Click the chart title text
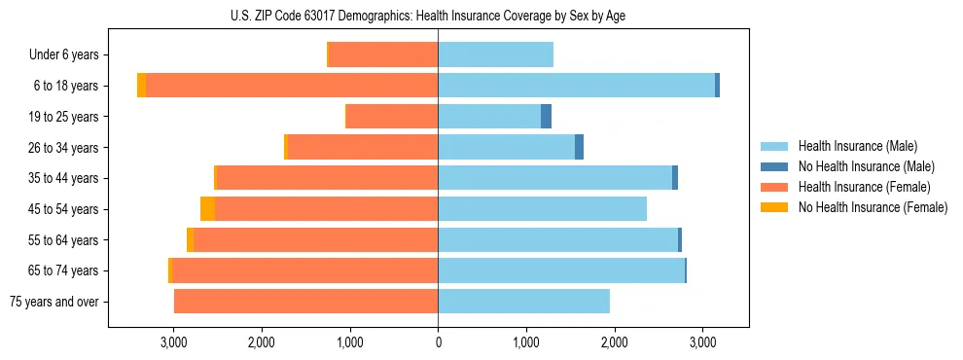pyautogui.click(x=428, y=16)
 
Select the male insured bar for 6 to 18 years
pyautogui.click(x=576, y=86)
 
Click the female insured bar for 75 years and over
pyautogui.click(x=305, y=302)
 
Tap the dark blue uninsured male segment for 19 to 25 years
pyautogui.click(x=546, y=117)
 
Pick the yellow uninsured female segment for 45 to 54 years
pyautogui.click(x=207, y=209)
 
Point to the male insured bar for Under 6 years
pyautogui.click(x=495, y=54)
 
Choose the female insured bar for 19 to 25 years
pyautogui.click(x=392, y=117)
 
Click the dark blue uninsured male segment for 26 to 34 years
pyautogui.click(x=579, y=147)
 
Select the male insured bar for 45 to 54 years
pyautogui.click(x=542, y=209)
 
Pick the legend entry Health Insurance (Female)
pyautogui.click(x=864, y=187)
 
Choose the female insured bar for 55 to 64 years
pyautogui.click(x=315, y=240)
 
